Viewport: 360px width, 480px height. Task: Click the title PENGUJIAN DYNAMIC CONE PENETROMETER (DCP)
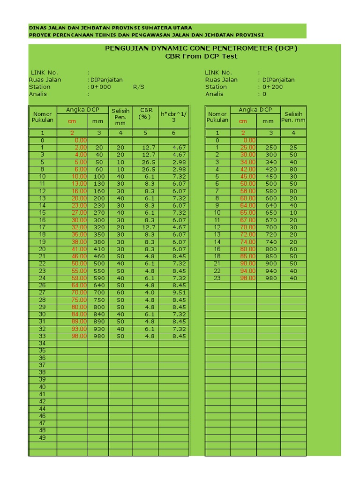click(201, 48)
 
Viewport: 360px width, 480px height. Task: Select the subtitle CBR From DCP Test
click(201, 56)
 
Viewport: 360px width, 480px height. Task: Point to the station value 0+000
click(100, 87)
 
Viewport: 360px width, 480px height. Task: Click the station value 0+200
click(273, 87)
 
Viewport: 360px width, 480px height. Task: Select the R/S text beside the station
click(139, 87)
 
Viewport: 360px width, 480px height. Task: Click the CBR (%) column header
click(146, 113)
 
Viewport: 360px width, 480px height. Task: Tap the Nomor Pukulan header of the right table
click(217, 117)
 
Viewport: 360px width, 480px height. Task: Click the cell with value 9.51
click(179, 292)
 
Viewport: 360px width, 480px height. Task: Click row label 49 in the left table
click(43, 438)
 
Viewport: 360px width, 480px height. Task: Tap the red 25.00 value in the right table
click(248, 147)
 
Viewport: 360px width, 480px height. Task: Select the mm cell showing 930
click(98, 329)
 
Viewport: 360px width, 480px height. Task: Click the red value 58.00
click(248, 191)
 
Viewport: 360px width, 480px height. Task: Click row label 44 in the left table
click(43, 409)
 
